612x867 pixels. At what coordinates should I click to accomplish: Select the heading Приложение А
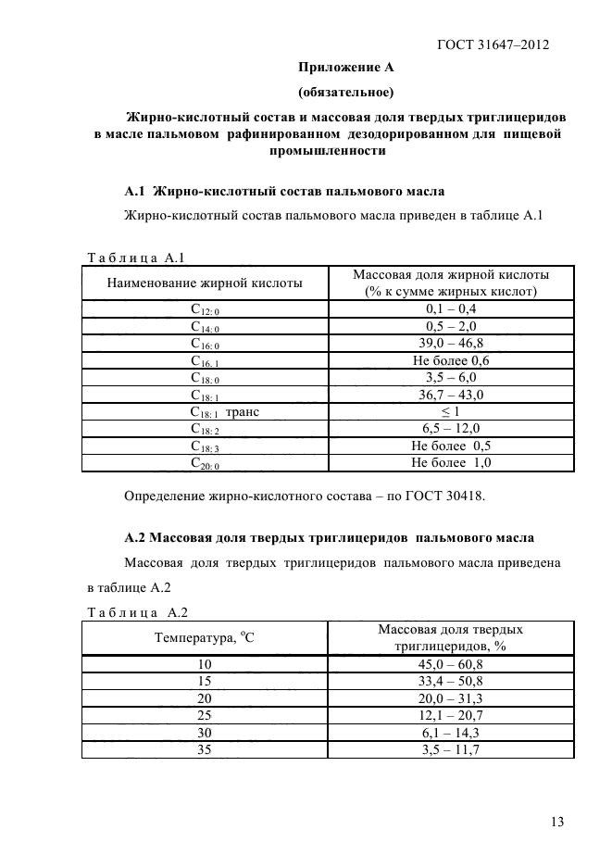coord(345,67)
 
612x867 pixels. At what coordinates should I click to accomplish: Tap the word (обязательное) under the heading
coord(345,92)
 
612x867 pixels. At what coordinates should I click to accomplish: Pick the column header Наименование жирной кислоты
coord(205,283)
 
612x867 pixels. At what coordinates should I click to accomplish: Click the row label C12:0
coord(205,308)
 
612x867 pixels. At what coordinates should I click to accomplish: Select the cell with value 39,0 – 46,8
coord(451,343)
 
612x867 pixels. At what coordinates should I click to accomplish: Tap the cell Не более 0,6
coord(451,360)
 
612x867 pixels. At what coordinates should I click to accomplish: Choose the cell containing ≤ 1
coord(451,411)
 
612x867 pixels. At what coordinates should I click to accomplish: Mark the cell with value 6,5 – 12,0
coord(451,429)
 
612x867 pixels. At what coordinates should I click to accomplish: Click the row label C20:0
coord(205,463)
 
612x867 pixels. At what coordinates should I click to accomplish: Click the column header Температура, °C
coord(205,638)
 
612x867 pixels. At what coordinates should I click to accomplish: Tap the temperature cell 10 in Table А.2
coord(205,664)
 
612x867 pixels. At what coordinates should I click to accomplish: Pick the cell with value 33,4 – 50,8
coord(451,681)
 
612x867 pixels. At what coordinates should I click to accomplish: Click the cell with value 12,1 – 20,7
coord(451,716)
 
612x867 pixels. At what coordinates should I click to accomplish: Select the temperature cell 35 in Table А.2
coord(205,750)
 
